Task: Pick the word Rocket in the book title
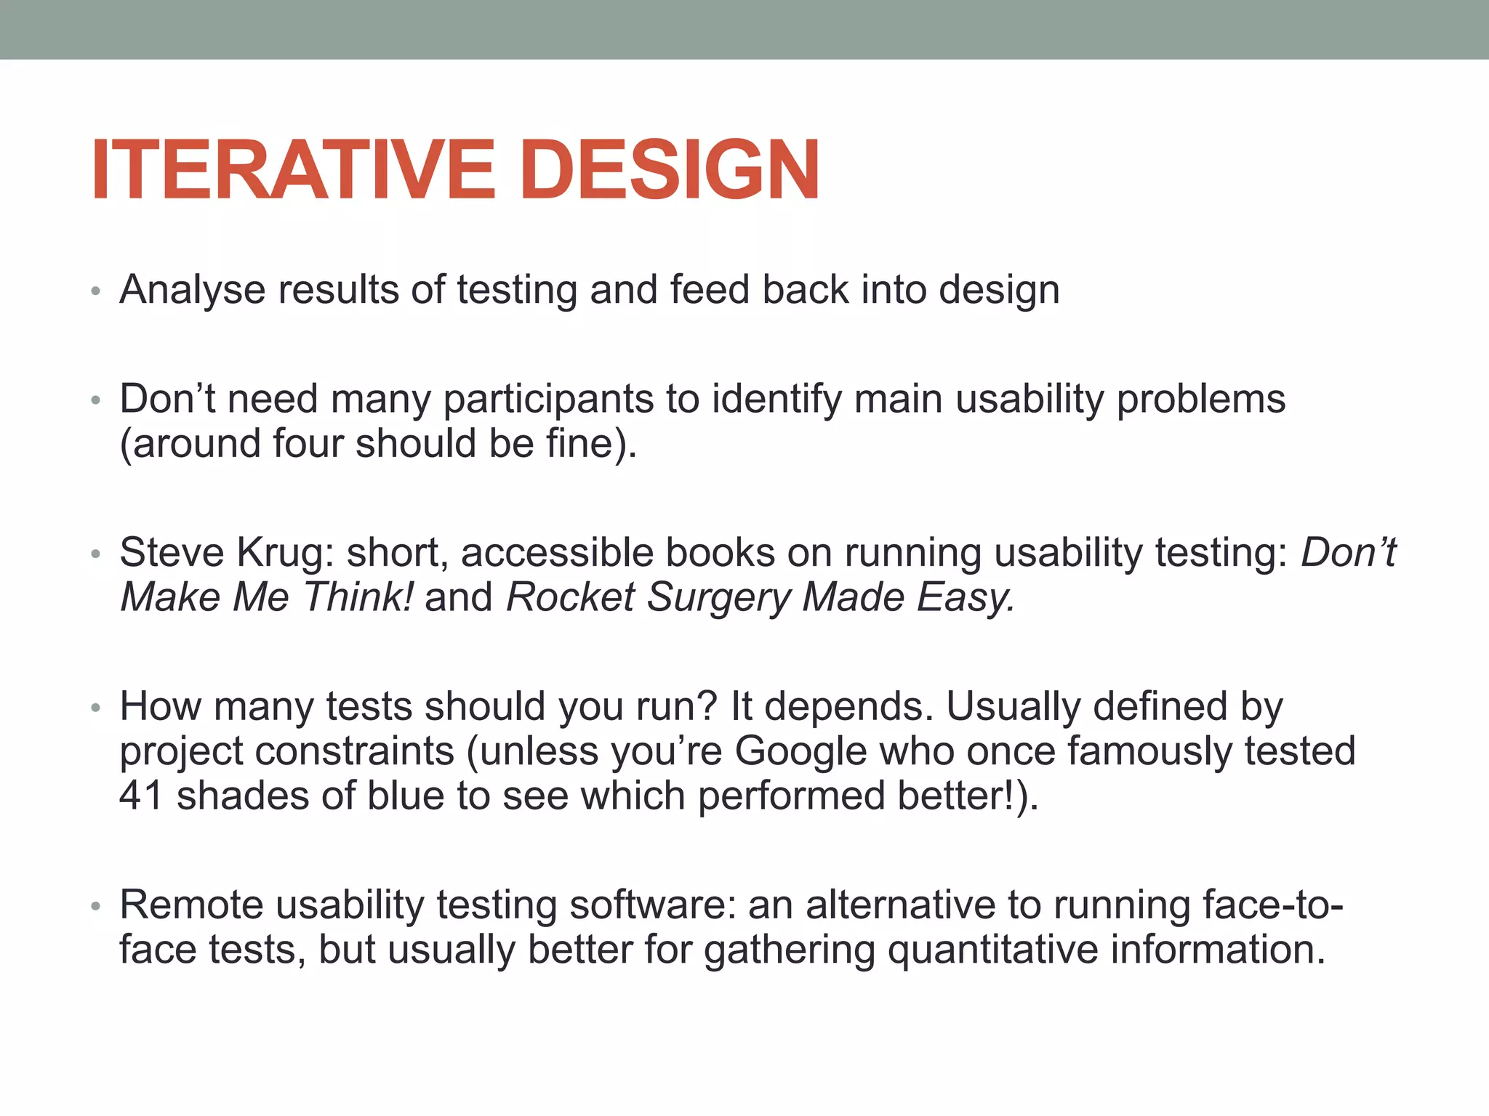(x=570, y=598)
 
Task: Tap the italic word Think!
(x=358, y=598)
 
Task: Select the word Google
(x=800, y=751)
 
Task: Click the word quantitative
(x=992, y=950)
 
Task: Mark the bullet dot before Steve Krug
(x=95, y=555)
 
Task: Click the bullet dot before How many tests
(x=95, y=708)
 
